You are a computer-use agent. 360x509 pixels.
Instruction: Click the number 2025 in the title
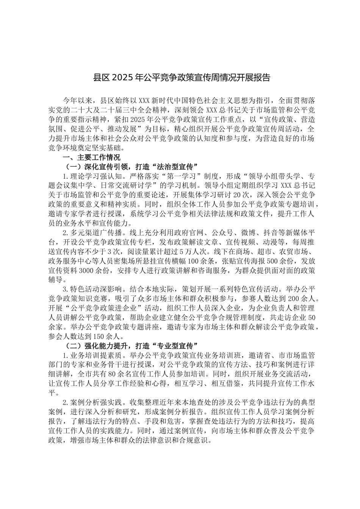click(x=119, y=78)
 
